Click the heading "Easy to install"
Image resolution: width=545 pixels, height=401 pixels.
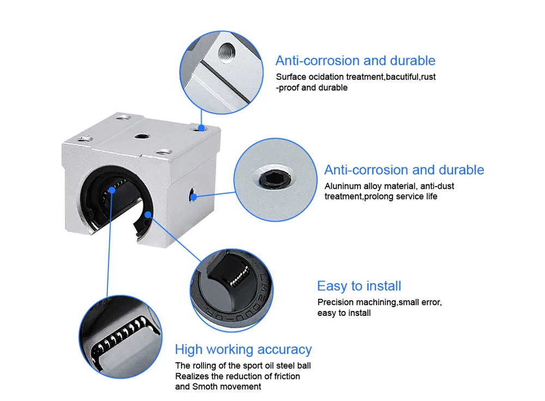click(359, 286)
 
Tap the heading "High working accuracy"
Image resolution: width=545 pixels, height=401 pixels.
click(243, 349)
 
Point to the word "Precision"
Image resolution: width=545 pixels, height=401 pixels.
click(335, 302)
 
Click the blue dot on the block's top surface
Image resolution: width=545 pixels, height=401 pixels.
click(201, 128)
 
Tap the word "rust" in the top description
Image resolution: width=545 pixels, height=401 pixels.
click(428, 77)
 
